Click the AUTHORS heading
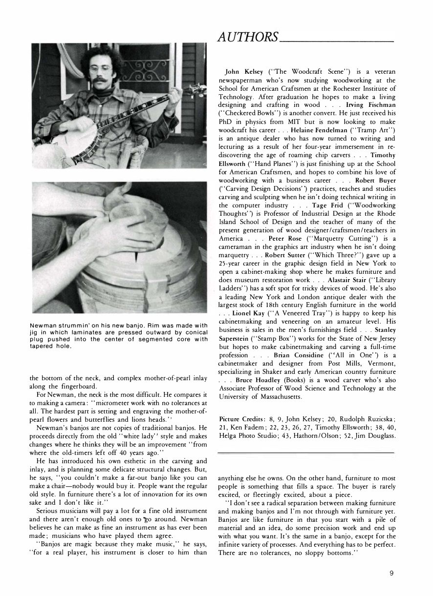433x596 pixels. coord(248,37)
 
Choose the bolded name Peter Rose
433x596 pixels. coord(283,239)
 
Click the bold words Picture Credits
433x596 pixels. coord(241,419)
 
